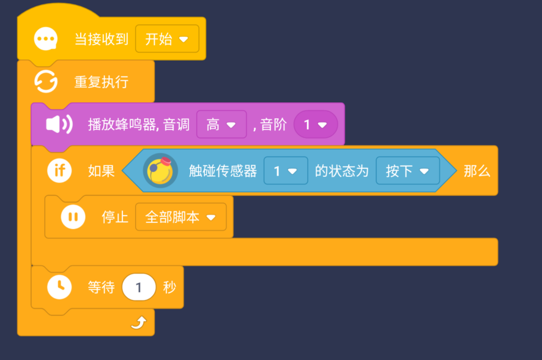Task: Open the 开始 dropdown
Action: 167,40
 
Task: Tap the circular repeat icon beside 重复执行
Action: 46,81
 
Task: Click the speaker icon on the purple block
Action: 59,124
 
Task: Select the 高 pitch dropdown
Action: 221,125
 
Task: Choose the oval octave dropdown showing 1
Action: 315,125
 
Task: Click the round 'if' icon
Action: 59,171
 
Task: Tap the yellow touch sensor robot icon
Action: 160,171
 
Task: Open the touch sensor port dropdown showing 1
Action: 285,171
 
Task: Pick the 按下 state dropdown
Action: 407,171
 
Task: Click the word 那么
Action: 477,171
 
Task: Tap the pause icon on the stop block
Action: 73,217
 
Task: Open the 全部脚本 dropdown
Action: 180,217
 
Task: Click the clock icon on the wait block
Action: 59,287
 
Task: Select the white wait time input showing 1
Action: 138,287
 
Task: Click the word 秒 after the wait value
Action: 170,287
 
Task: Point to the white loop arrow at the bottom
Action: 138,323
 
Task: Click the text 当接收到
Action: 102,40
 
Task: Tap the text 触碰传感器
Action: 223,171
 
